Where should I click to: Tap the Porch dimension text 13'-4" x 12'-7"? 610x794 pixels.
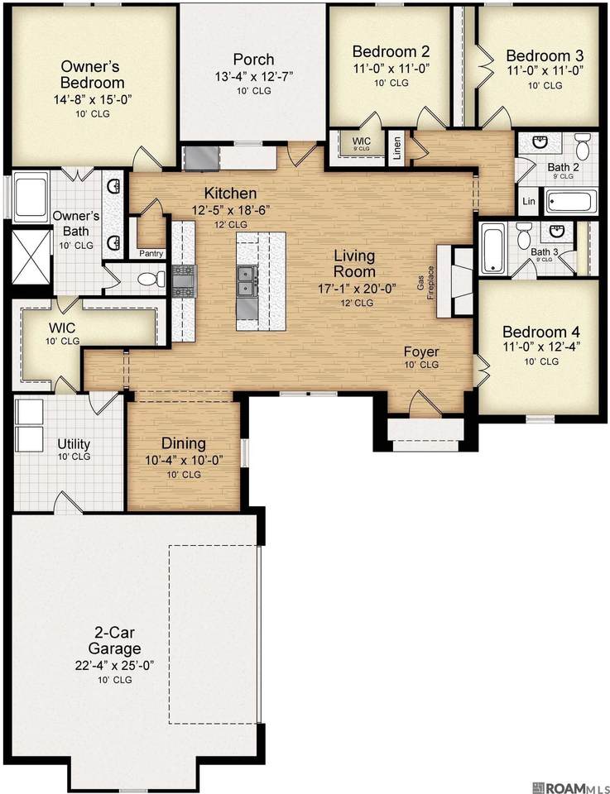click(254, 76)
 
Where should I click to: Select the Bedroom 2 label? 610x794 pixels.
click(391, 51)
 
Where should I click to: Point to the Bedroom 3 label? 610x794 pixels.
click(545, 55)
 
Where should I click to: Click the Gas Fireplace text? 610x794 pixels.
click(425, 283)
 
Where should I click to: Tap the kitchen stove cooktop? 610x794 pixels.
click(184, 282)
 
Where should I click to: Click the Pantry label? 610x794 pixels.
click(151, 254)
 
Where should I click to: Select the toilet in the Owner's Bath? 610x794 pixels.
click(151, 278)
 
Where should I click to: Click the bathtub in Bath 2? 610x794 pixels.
click(570, 201)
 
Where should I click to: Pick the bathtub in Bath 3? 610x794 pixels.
click(492, 249)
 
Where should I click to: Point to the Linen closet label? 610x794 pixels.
click(397, 148)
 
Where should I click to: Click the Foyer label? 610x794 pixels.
click(421, 352)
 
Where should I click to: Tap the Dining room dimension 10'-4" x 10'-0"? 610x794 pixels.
click(184, 461)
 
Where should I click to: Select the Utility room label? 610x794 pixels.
click(74, 444)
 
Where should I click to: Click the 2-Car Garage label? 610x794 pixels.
click(114, 640)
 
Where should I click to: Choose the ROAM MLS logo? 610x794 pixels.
click(570, 787)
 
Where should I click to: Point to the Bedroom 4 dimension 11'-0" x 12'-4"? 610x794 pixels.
click(541, 347)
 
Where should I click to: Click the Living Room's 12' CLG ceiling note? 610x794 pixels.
click(357, 303)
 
